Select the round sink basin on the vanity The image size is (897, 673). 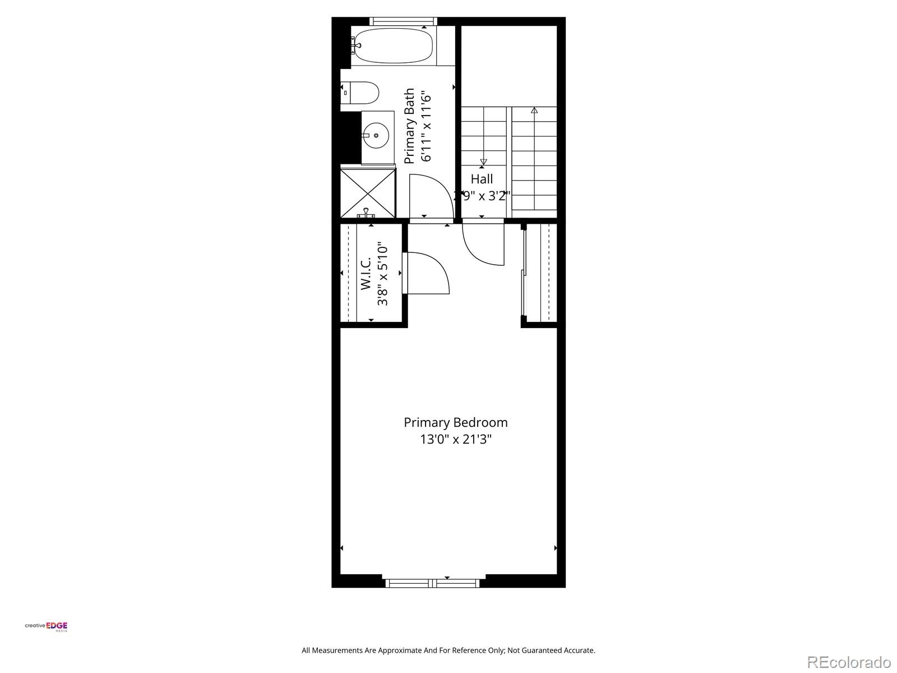375,135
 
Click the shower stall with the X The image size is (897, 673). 368,193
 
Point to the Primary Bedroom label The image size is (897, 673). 456,422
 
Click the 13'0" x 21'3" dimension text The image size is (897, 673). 456,439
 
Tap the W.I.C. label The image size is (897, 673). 366,273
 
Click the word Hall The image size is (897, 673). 482,179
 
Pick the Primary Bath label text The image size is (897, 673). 410,126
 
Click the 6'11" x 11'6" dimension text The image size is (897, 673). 427,126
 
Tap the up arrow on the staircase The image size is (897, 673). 534,110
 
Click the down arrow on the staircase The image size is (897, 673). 483,162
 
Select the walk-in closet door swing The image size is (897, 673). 429,272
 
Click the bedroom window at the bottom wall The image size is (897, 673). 432,583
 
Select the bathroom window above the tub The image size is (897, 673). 403,21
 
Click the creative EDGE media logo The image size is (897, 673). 46,626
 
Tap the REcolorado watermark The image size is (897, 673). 849,662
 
